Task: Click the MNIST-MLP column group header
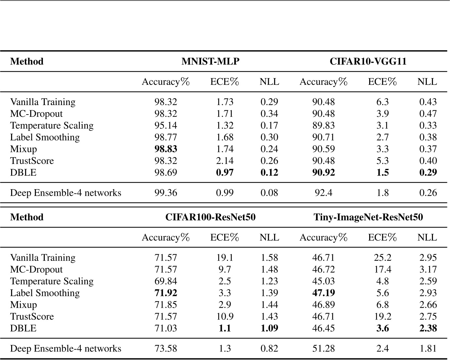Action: [x=210, y=62]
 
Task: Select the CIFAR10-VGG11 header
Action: [x=368, y=62]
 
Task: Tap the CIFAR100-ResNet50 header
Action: [x=210, y=217]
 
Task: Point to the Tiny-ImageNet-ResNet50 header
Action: [x=368, y=217]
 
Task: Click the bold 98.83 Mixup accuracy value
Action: [x=165, y=149]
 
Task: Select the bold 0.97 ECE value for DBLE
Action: [x=225, y=173]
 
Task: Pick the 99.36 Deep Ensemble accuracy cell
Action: [x=165, y=193]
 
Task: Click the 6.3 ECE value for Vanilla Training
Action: [x=382, y=102]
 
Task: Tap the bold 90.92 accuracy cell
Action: [x=323, y=173]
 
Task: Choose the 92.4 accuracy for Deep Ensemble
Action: [x=323, y=193]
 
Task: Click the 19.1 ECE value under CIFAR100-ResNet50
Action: [x=225, y=258]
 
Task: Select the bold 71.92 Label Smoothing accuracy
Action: [x=165, y=293]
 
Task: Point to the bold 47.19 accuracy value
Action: [x=323, y=293]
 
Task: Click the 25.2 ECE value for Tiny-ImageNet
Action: [x=382, y=258]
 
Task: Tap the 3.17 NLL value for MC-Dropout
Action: [x=428, y=270]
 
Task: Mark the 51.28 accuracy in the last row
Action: [x=323, y=349]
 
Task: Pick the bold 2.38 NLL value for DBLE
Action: [x=428, y=329]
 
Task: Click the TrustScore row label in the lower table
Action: [x=32, y=317]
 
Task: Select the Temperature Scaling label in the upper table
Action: [x=52, y=126]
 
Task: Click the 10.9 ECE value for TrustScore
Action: [x=225, y=317]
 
